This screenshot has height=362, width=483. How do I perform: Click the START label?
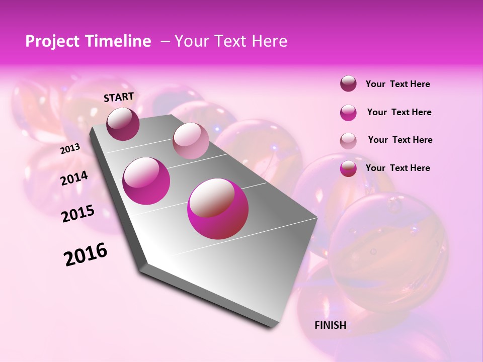click(x=119, y=97)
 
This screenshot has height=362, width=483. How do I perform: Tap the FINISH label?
click(x=330, y=325)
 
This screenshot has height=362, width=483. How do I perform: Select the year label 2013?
click(x=70, y=149)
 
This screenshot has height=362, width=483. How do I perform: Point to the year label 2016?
click(x=86, y=254)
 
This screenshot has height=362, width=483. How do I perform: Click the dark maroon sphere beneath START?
click(x=123, y=124)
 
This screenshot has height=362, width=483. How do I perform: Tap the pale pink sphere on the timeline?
click(x=191, y=141)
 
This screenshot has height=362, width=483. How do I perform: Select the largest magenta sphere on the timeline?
click(x=218, y=209)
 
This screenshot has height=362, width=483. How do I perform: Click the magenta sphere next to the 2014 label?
click(x=146, y=181)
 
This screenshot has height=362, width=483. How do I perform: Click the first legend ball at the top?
click(x=348, y=84)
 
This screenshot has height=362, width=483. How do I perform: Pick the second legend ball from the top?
click(x=348, y=113)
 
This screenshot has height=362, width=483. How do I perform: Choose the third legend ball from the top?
click(x=348, y=140)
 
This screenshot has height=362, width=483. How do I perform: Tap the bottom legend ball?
click(x=348, y=168)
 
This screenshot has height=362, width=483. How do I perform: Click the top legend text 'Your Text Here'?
click(x=397, y=84)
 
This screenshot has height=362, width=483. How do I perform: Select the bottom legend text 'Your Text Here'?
click(x=397, y=168)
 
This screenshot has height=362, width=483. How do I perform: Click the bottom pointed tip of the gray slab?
click(x=272, y=327)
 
